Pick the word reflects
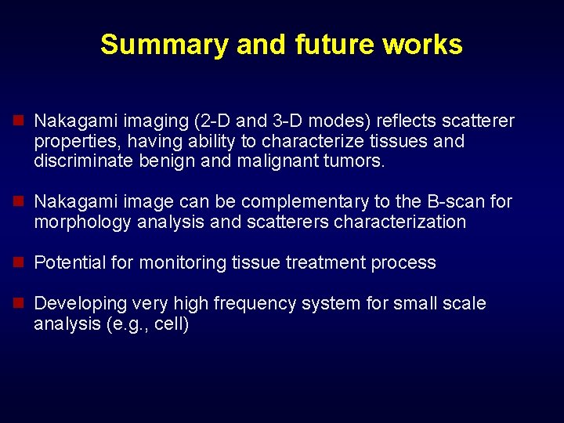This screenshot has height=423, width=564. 406,121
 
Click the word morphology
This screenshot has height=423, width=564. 83,222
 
